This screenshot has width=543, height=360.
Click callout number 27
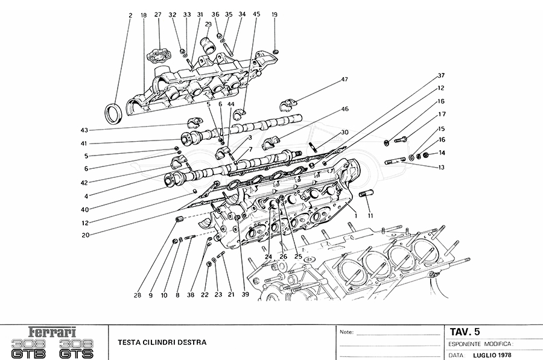click(x=158, y=14)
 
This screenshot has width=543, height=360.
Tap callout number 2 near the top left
click(x=130, y=14)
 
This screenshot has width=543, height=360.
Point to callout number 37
click(x=441, y=75)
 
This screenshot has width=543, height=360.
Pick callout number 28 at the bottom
click(x=138, y=295)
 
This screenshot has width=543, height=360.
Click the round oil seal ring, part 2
click(x=113, y=112)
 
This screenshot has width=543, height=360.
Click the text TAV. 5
click(x=465, y=331)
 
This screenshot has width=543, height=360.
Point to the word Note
click(x=346, y=332)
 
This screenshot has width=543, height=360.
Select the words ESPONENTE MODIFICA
click(x=481, y=343)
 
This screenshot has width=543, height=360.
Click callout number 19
click(x=275, y=14)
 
